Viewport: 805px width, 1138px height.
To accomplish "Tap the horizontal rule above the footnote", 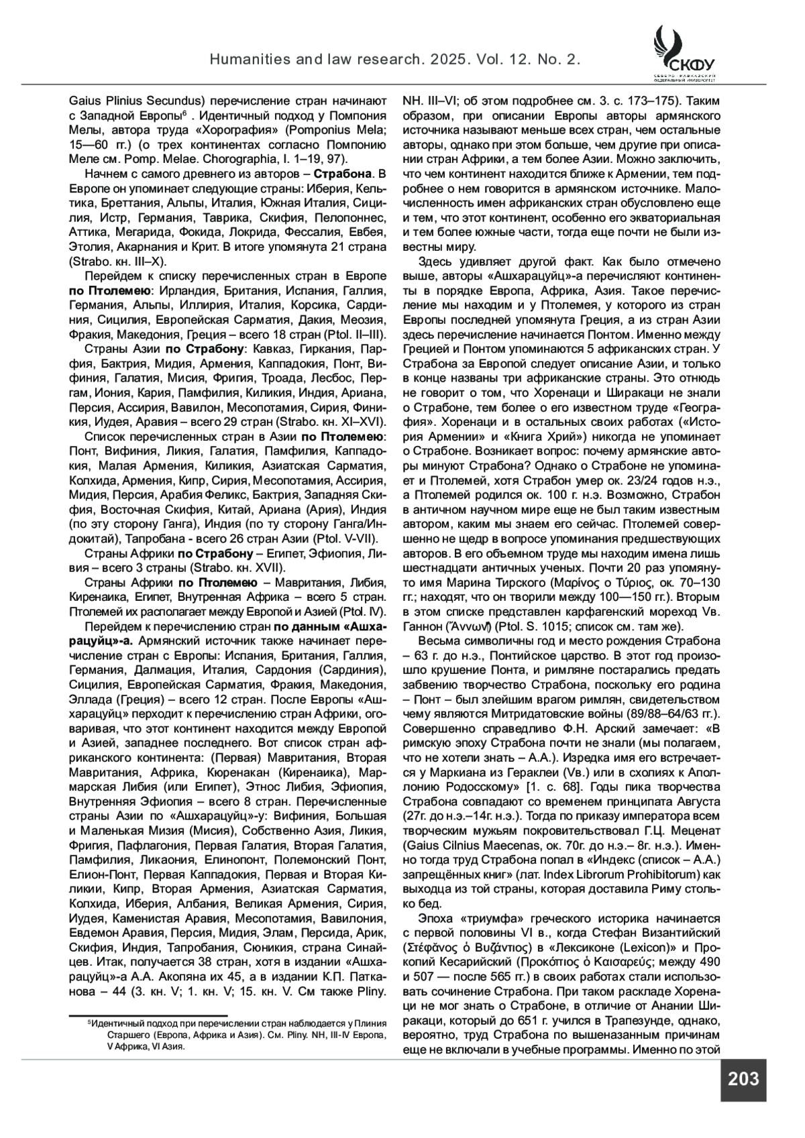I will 148,1016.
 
